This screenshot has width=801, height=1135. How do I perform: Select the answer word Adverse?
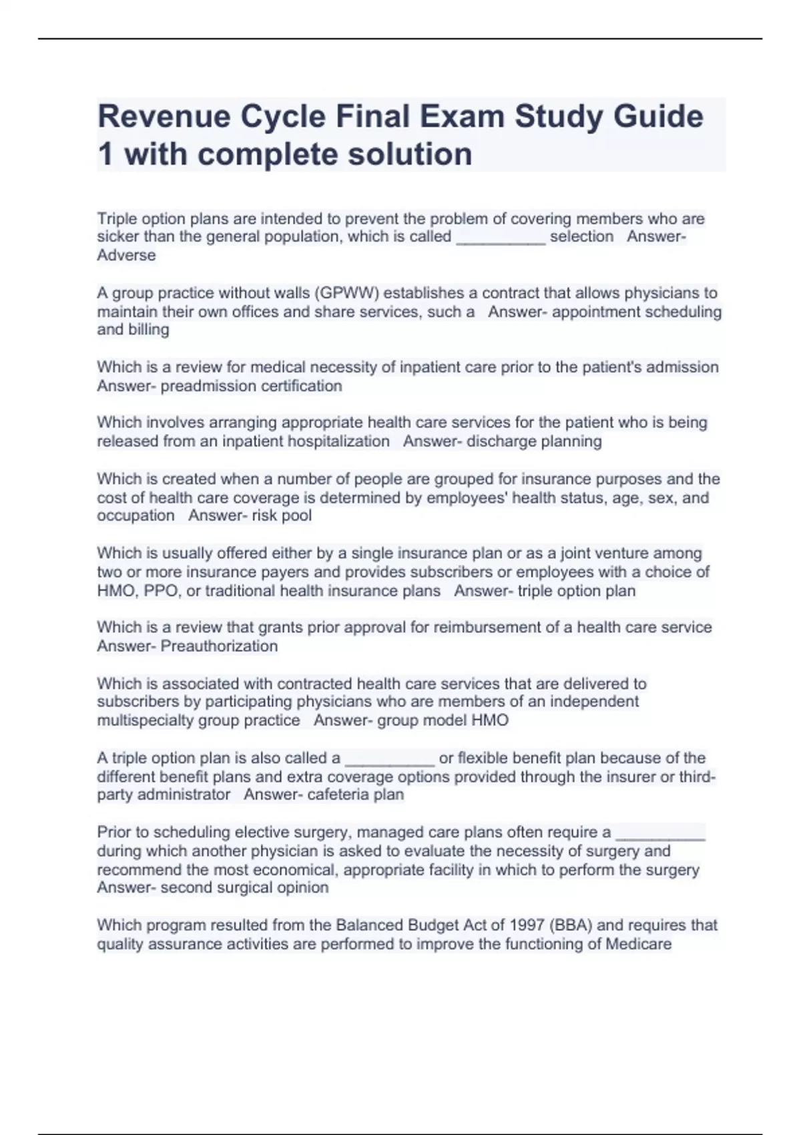pos(126,255)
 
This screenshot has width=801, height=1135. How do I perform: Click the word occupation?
pos(136,515)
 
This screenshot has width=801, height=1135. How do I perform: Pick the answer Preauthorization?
pos(219,646)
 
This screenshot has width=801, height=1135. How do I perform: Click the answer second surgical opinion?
pos(244,887)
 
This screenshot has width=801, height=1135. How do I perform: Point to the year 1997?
pos(527,925)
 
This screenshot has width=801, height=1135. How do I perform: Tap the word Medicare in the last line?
pos(638,944)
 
